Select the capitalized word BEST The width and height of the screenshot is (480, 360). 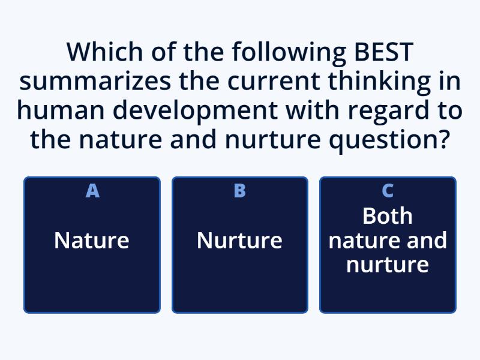coord(381,52)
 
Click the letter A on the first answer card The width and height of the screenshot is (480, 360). coord(92,191)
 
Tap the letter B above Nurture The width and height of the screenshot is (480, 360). coord(239,191)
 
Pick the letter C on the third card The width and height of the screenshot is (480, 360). coord(388,191)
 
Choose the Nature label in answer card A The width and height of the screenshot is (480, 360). coord(92,241)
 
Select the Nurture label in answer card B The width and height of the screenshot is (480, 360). coord(239,241)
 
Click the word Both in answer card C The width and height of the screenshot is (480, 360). coord(388,216)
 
